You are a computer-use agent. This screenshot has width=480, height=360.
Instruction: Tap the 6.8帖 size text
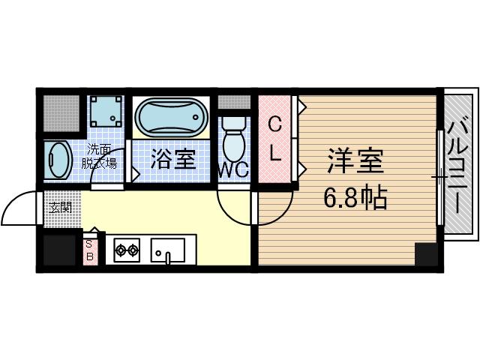coord(355,198)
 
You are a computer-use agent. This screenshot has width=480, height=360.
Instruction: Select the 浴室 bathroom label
coord(173,159)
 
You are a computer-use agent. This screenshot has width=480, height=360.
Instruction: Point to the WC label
coord(232,170)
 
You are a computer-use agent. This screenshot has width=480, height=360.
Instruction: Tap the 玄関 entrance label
coord(61,207)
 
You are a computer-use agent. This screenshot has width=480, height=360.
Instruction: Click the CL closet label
coord(275,140)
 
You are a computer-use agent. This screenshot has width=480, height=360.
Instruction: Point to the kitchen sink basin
coord(168,250)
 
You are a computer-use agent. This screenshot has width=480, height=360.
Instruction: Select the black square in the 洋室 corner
coord(425,254)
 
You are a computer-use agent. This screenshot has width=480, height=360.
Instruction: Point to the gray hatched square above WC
coord(234,102)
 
